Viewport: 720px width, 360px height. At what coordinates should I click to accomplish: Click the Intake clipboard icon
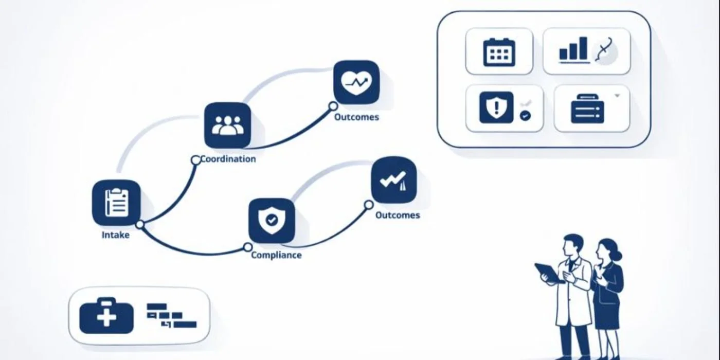[116, 202]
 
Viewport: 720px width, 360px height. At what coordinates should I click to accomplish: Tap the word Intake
[115, 235]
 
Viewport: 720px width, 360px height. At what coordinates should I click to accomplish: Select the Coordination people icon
[227, 125]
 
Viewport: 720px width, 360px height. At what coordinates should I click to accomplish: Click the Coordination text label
[228, 159]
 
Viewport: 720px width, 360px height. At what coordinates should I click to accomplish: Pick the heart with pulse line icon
[356, 82]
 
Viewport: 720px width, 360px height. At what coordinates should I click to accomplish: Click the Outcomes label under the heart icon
[356, 117]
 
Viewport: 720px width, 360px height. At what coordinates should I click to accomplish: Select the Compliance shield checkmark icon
[272, 220]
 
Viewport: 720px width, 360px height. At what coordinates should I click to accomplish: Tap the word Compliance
[276, 255]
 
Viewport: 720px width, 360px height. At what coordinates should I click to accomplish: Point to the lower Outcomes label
[398, 215]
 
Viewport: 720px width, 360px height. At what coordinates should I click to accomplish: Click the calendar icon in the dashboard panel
[499, 51]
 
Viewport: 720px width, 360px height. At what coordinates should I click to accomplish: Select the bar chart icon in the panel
[573, 49]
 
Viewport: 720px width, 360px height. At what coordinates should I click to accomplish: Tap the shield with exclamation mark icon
[496, 107]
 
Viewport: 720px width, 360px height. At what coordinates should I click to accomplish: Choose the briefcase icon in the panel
[587, 109]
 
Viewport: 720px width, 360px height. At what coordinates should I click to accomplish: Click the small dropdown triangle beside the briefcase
[618, 95]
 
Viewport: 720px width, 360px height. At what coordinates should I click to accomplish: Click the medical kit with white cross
[106, 315]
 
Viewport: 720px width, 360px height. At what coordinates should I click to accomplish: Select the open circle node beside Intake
[139, 224]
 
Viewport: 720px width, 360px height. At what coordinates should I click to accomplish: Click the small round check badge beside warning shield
[525, 116]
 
